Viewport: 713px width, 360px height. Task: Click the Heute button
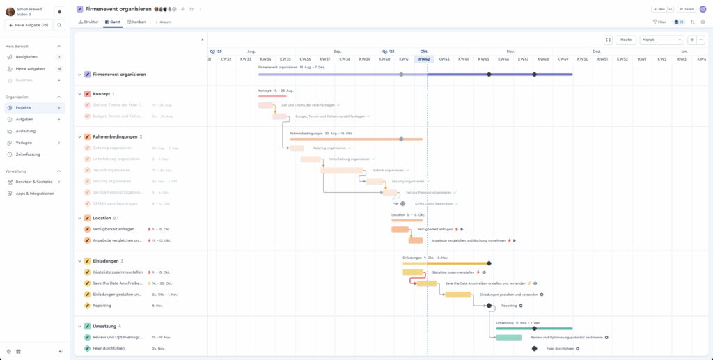[x=625, y=40]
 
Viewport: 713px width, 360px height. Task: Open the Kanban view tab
[x=136, y=22]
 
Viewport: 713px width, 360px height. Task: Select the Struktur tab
[x=88, y=22]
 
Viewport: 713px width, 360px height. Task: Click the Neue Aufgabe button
[x=29, y=25]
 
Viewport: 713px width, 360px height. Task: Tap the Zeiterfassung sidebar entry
[x=28, y=154]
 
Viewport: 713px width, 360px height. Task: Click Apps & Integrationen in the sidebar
[x=34, y=193]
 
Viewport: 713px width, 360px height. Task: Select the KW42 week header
[x=423, y=59]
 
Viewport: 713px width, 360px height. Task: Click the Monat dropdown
[x=661, y=40]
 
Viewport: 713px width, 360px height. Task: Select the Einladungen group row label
[x=105, y=261]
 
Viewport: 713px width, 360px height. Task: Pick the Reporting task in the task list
[x=102, y=305]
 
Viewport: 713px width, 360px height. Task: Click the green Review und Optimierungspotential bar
[x=508, y=338]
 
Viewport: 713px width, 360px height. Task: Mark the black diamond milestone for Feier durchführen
[x=534, y=348]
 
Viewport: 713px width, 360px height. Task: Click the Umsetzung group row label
[x=104, y=326]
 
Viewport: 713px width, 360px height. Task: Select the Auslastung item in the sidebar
[x=26, y=131]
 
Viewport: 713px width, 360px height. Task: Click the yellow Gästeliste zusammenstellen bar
[x=412, y=272]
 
